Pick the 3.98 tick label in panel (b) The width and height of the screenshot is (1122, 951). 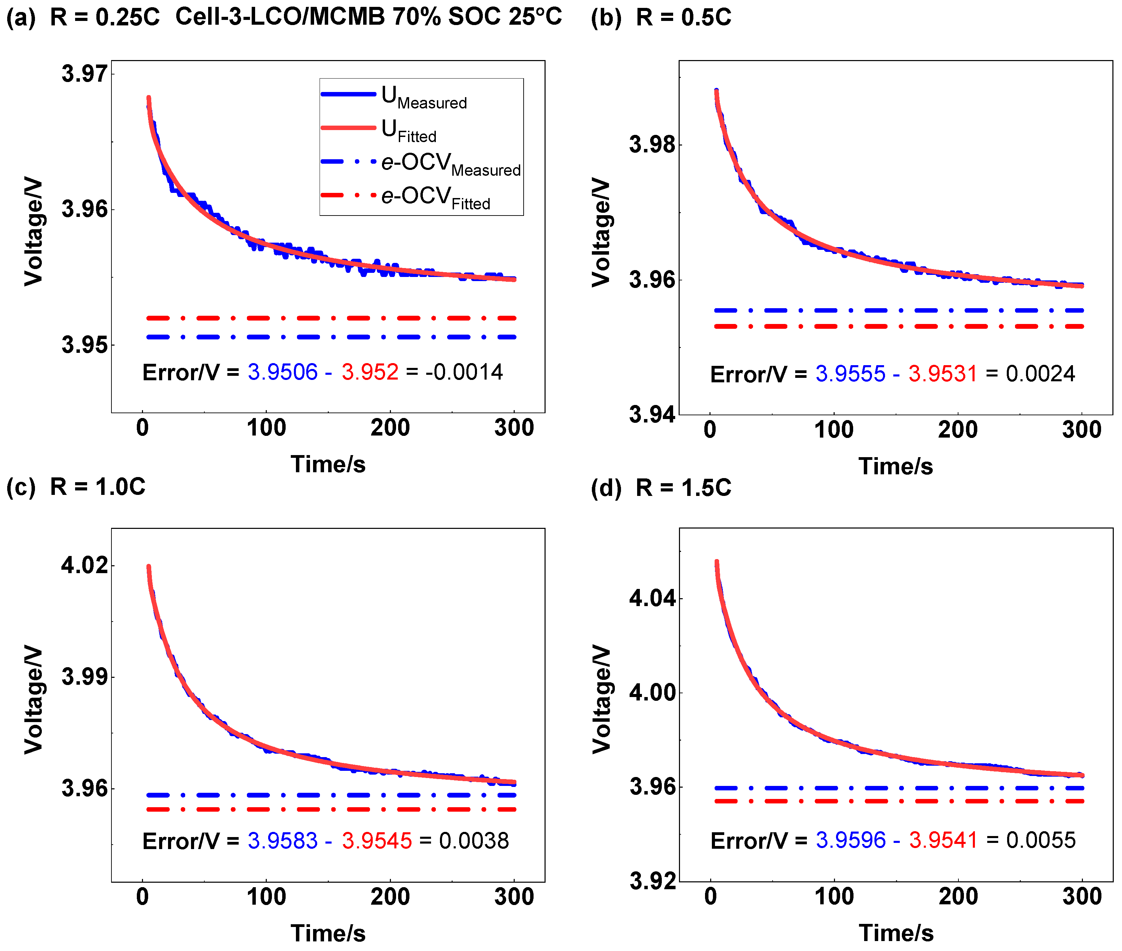652,144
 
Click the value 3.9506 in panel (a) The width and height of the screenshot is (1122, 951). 282,372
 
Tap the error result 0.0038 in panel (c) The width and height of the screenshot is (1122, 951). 474,841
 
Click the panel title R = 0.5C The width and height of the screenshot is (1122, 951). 683,17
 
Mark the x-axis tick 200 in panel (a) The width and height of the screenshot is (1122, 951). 390,428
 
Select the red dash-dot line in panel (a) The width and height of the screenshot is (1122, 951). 331,318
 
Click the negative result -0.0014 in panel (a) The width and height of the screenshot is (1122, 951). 464,372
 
